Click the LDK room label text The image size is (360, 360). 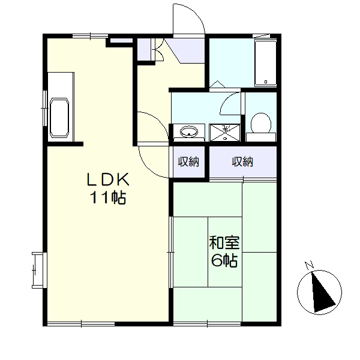(x=108, y=179)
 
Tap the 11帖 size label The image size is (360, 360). (x=109, y=197)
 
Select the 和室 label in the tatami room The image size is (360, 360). (x=224, y=242)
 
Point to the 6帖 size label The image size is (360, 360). (x=224, y=260)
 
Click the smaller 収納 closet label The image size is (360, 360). (x=188, y=161)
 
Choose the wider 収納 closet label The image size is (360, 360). (x=242, y=161)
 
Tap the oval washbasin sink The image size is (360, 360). (x=189, y=132)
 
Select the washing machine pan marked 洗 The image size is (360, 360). (x=225, y=133)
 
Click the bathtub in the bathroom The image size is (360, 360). (x=266, y=64)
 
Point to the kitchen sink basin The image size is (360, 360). (x=59, y=118)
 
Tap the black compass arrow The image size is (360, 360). (x=322, y=292)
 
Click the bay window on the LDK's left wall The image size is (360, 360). (x=39, y=270)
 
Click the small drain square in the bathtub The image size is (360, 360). (x=266, y=82)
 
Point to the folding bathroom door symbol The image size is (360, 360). (x=217, y=84)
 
